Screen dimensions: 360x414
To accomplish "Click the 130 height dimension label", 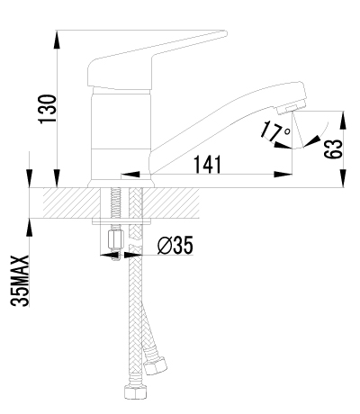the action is click(x=48, y=109).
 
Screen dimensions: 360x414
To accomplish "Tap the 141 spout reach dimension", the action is click(x=208, y=165).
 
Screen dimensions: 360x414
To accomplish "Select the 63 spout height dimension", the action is click(x=333, y=149).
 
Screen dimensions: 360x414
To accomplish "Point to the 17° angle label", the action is click(x=275, y=131).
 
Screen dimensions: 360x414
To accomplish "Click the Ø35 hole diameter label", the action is click(x=175, y=245).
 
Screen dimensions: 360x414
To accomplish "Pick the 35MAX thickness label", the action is click(x=21, y=281).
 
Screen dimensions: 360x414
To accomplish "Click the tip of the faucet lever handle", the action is click(x=226, y=33).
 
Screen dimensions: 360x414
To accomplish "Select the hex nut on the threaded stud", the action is click(x=116, y=240).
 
